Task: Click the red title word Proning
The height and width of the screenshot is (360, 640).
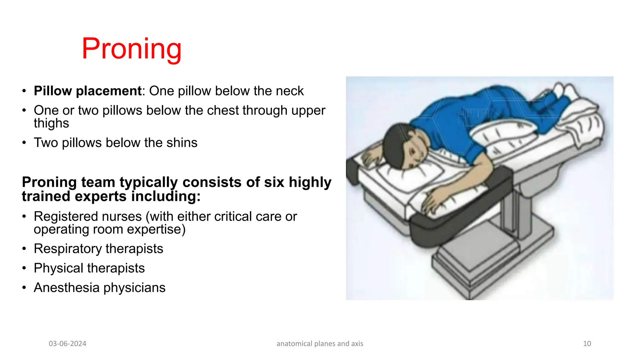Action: click(132, 49)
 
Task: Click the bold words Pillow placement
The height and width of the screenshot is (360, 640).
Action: click(88, 91)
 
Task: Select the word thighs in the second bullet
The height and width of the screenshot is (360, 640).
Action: click(51, 123)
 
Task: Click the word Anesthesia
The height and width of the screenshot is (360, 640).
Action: click(66, 287)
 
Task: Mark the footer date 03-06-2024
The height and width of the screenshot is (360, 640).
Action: click(67, 344)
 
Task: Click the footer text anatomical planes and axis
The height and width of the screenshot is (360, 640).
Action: click(320, 344)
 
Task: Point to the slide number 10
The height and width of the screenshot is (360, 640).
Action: click(587, 344)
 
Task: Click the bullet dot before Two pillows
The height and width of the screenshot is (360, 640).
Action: click(24, 143)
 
